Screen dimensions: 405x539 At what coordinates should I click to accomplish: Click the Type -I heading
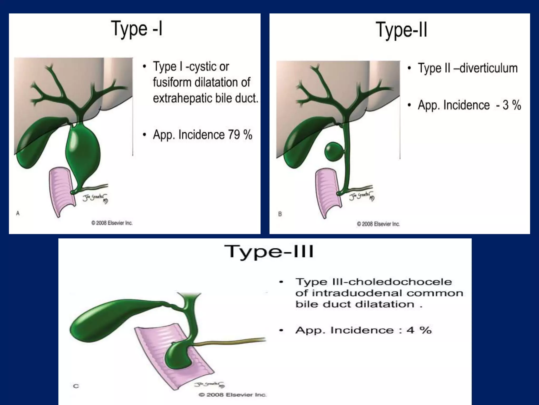pyautogui.click(x=137, y=29)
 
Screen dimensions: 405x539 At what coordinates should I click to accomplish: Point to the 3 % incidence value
pyautogui.click(x=512, y=105)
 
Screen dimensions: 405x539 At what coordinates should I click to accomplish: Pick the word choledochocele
pyautogui.click(x=400, y=282)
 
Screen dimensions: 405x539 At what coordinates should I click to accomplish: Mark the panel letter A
pyautogui.click(x=18, y=213)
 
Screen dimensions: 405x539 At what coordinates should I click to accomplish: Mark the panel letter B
pyautogui.click(x=280, y=214)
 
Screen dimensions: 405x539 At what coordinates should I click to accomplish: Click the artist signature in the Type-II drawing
pyautogui.click(x=362, y=197)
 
